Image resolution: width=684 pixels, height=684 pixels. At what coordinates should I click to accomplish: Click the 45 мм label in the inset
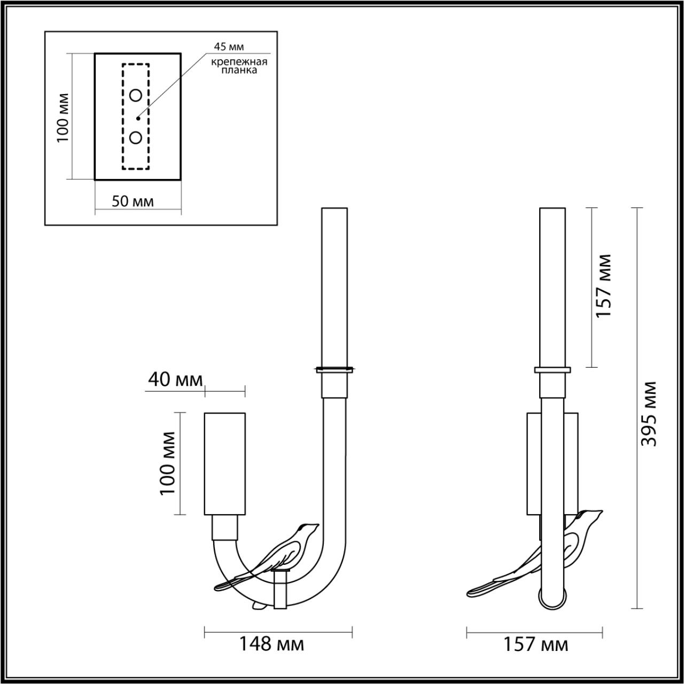(x=229, y=47)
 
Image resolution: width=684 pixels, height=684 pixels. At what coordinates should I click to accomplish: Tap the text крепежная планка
(x=238, y=66)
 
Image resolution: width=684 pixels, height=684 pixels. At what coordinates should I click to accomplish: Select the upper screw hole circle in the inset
(x=136, y=96)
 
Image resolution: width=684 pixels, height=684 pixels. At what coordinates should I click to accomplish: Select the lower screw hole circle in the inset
(x=136, y=138)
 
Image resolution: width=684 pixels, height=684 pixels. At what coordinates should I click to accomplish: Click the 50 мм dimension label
(x=133, y=201)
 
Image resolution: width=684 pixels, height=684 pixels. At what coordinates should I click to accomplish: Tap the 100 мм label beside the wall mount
(x=168, y=463)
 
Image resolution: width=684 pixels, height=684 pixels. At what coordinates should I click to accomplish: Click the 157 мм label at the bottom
(x=535, y=644)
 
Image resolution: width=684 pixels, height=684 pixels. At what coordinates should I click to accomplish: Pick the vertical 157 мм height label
(x=603, y=286)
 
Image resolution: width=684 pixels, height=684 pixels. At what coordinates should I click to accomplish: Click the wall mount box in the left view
(x=224, y=463)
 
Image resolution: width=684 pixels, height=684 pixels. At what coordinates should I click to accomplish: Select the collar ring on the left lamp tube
(x=334, y=369)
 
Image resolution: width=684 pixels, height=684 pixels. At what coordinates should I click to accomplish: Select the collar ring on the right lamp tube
(x=553, y=369)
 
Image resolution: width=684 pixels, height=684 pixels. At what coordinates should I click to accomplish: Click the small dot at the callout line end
(x=138, y=118)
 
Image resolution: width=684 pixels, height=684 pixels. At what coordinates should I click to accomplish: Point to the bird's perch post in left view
(x=280, y=590)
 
